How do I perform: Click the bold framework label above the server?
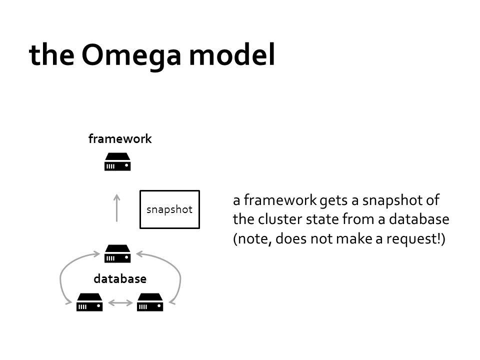120,138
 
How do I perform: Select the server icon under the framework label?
117,161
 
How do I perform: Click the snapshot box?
169,209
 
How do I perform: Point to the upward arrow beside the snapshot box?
116,208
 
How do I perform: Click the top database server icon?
117,253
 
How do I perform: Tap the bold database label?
120,279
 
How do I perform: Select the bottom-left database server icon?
89,302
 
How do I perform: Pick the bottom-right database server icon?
150,302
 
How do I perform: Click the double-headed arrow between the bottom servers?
120,303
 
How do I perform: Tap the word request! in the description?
415,239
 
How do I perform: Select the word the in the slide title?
51,55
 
